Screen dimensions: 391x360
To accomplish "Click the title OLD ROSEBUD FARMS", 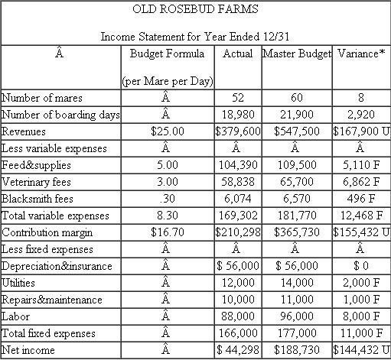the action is [x=195, y=10].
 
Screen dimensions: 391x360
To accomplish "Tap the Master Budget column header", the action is [x=297, y=54].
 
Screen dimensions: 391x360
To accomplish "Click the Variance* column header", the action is [x=361, y=54].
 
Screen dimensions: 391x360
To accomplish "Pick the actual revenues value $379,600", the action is [x=237, y=131].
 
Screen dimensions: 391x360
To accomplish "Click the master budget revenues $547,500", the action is [x=297, y=131].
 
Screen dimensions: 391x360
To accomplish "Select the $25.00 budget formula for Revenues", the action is [x=168, y=131].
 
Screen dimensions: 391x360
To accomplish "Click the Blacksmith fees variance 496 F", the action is [x=363, y=199].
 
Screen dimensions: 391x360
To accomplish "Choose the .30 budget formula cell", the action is [x=168, y=199].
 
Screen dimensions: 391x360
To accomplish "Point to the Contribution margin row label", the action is [x=47, y=232].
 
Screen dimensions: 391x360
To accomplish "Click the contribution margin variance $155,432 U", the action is [x=362, y=232].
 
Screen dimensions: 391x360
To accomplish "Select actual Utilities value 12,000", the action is [x=238, y=283].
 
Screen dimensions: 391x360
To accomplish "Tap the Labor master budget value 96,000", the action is [x=297, y=316].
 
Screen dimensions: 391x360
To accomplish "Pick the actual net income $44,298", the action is [x=237, y=350].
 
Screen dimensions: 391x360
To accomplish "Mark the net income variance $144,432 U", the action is [x=362, y=350].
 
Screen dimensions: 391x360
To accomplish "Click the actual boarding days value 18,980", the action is [x=238, y=115].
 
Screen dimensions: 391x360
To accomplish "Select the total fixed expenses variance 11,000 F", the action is [x=363, y=333].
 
